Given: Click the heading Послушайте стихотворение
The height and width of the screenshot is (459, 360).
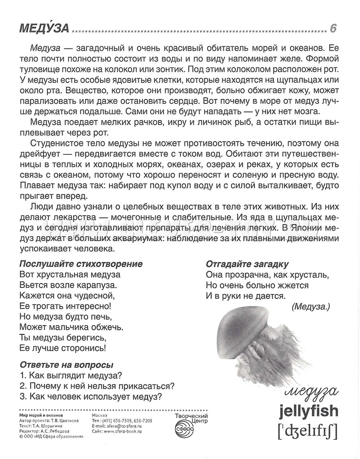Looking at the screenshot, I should [81, 264].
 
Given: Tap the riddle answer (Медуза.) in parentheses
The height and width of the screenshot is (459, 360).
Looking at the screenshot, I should [310, 307].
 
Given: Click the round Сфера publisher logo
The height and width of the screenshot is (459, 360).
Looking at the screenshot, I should [184, 430].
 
